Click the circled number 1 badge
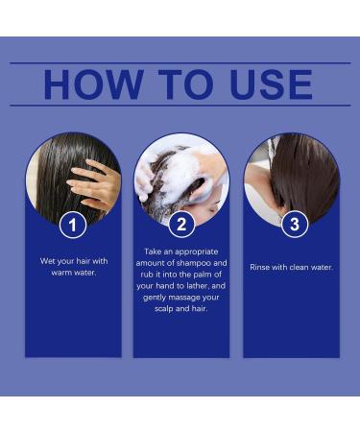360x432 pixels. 72,227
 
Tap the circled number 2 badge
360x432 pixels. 181,227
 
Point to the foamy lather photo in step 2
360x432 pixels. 181,173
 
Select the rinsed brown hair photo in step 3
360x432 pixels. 293,173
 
